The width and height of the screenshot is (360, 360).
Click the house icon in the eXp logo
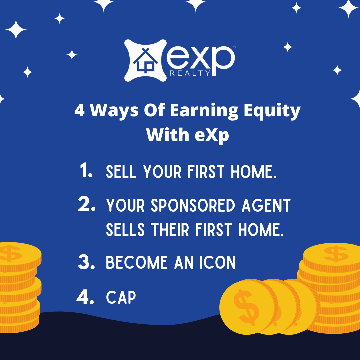point(145,61)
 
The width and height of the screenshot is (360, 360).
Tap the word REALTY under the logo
point(190,73)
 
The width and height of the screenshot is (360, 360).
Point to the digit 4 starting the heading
point(79,110)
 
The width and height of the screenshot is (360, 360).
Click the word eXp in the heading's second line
point(212,135)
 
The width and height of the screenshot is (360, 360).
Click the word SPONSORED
point(193,205)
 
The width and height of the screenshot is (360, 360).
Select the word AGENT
point(266,205)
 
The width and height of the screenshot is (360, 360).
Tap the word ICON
point(217,262)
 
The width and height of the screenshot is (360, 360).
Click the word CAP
point(121,297)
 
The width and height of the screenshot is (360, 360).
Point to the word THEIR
point(170,230)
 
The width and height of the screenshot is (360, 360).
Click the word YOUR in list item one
point(162,172)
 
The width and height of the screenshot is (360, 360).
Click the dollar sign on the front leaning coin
point(246,308)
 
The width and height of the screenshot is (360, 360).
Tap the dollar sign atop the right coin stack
point(336,254)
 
